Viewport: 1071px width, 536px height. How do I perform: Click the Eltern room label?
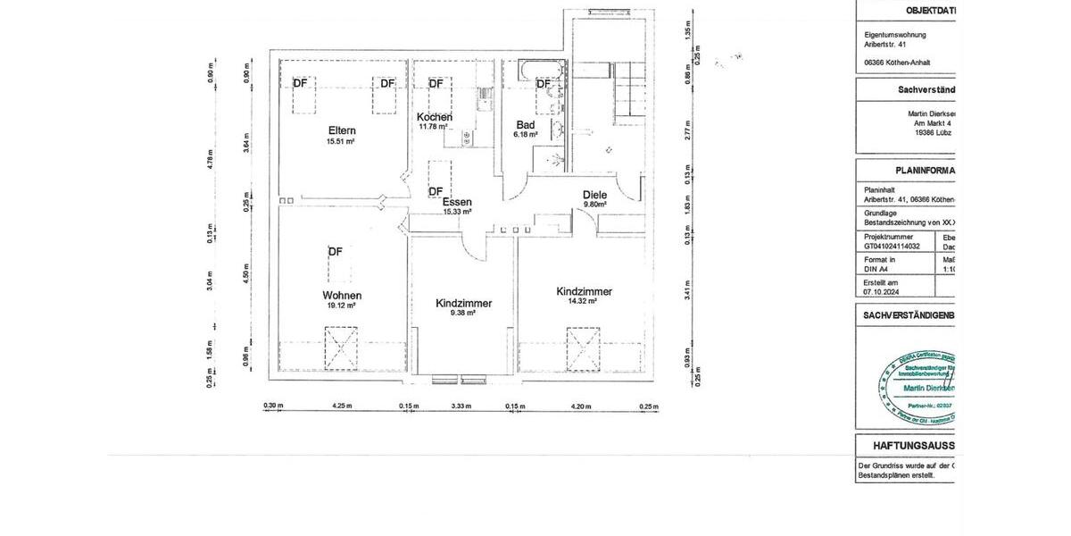point(341,130)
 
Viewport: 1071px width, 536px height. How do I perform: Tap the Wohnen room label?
point(342,295)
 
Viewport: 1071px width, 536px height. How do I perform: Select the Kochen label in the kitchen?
point(435,117)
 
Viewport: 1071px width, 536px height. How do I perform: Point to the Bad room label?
point(525,125)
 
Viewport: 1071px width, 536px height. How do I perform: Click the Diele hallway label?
point(594,195)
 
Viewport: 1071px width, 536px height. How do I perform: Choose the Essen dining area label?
point(457,202)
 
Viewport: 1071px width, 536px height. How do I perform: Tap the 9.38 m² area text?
point(463,314)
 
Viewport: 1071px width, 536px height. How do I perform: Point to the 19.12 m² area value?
point(342,306)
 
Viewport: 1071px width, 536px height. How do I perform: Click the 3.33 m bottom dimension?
point(461,406)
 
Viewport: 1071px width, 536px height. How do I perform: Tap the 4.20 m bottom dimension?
point(580,406)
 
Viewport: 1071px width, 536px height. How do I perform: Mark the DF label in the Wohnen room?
point(335,251)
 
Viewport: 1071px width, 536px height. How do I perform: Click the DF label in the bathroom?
point(543,84)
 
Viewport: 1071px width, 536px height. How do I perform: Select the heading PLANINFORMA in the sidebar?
point(925,171)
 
